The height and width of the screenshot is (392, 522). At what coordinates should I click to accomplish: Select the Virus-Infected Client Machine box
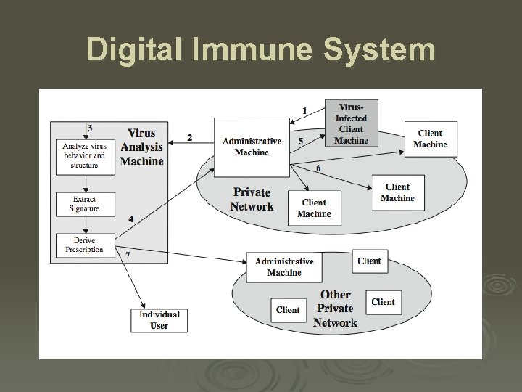351,123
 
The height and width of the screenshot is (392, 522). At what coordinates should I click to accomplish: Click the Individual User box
159,320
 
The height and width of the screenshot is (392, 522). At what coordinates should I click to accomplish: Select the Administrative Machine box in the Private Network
252,147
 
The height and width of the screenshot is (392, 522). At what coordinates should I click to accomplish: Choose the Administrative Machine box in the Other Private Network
284,267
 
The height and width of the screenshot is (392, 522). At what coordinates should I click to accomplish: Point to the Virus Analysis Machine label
141,147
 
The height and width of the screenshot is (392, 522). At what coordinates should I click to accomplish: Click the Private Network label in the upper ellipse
252,199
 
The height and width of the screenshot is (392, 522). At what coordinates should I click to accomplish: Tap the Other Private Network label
335,309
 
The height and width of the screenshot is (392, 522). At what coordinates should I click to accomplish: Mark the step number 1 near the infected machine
304,110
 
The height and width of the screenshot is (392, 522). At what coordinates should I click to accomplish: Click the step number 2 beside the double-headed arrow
190,137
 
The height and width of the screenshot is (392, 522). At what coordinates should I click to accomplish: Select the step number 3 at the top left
89,128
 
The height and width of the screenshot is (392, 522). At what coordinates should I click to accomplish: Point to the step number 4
130,219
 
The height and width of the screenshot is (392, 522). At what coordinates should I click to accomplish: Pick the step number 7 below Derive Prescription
128,256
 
